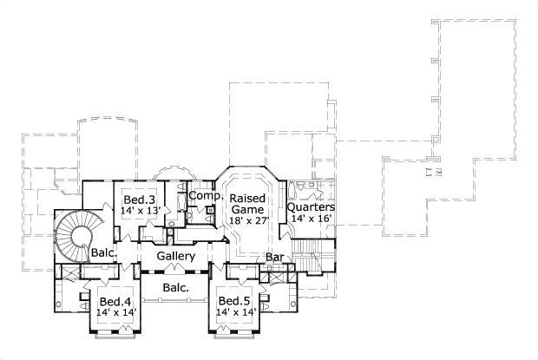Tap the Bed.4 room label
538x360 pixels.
[114, 302]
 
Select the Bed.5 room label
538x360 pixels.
[235, 302]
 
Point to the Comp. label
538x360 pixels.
[206, 197]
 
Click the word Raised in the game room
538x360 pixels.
[249, 198]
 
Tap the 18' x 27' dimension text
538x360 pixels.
[249, 220]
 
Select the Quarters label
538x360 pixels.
[312, 207]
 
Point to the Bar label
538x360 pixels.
[275, 258]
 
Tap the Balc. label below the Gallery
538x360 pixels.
[177, 287]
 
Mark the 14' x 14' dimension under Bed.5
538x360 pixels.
[235, 312]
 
